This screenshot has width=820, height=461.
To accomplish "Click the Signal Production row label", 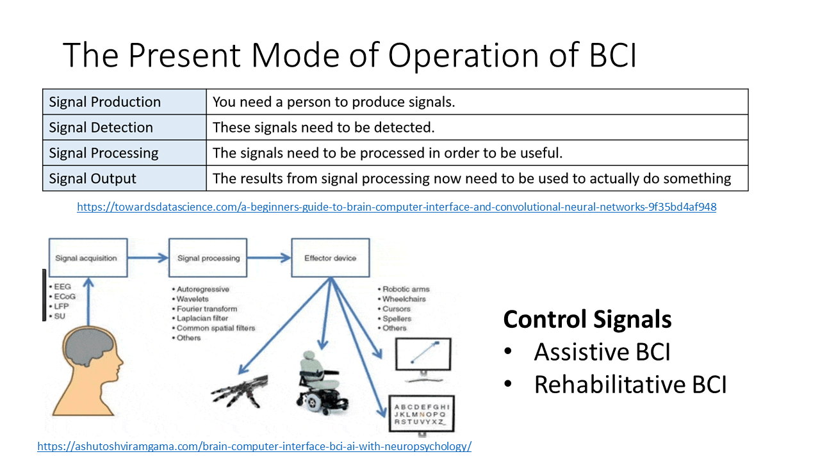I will click(x=105, y=102).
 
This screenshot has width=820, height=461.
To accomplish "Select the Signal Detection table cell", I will click(x=101, y=127).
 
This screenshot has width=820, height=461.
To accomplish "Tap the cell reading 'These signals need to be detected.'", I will click(x=324, y=127).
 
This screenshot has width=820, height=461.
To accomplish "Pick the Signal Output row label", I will click(x=93, y=179).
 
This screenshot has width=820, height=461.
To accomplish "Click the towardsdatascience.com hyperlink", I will click(x=397, y=207).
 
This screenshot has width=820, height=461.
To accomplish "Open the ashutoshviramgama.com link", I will click(x=254, y=446).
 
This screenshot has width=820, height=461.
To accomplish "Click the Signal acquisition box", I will click(x=86, y=258).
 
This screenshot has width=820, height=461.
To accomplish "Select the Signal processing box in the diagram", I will click(x=208, y=258).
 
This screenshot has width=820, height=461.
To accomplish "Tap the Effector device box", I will click(x=331, y=258).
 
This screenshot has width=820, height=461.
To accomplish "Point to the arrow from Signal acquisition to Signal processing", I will click(x=147, y=258).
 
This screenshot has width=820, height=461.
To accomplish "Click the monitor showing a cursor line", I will click(x=423, y=355).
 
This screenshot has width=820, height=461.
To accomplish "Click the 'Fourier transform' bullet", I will click(x=207, y=309).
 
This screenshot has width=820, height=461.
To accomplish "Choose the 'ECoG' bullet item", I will click(x=64, y=296).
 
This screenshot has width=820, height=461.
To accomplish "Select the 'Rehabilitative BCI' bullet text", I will click(x=630, y=385).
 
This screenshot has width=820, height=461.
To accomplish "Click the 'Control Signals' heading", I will click(x=587, y=319).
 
